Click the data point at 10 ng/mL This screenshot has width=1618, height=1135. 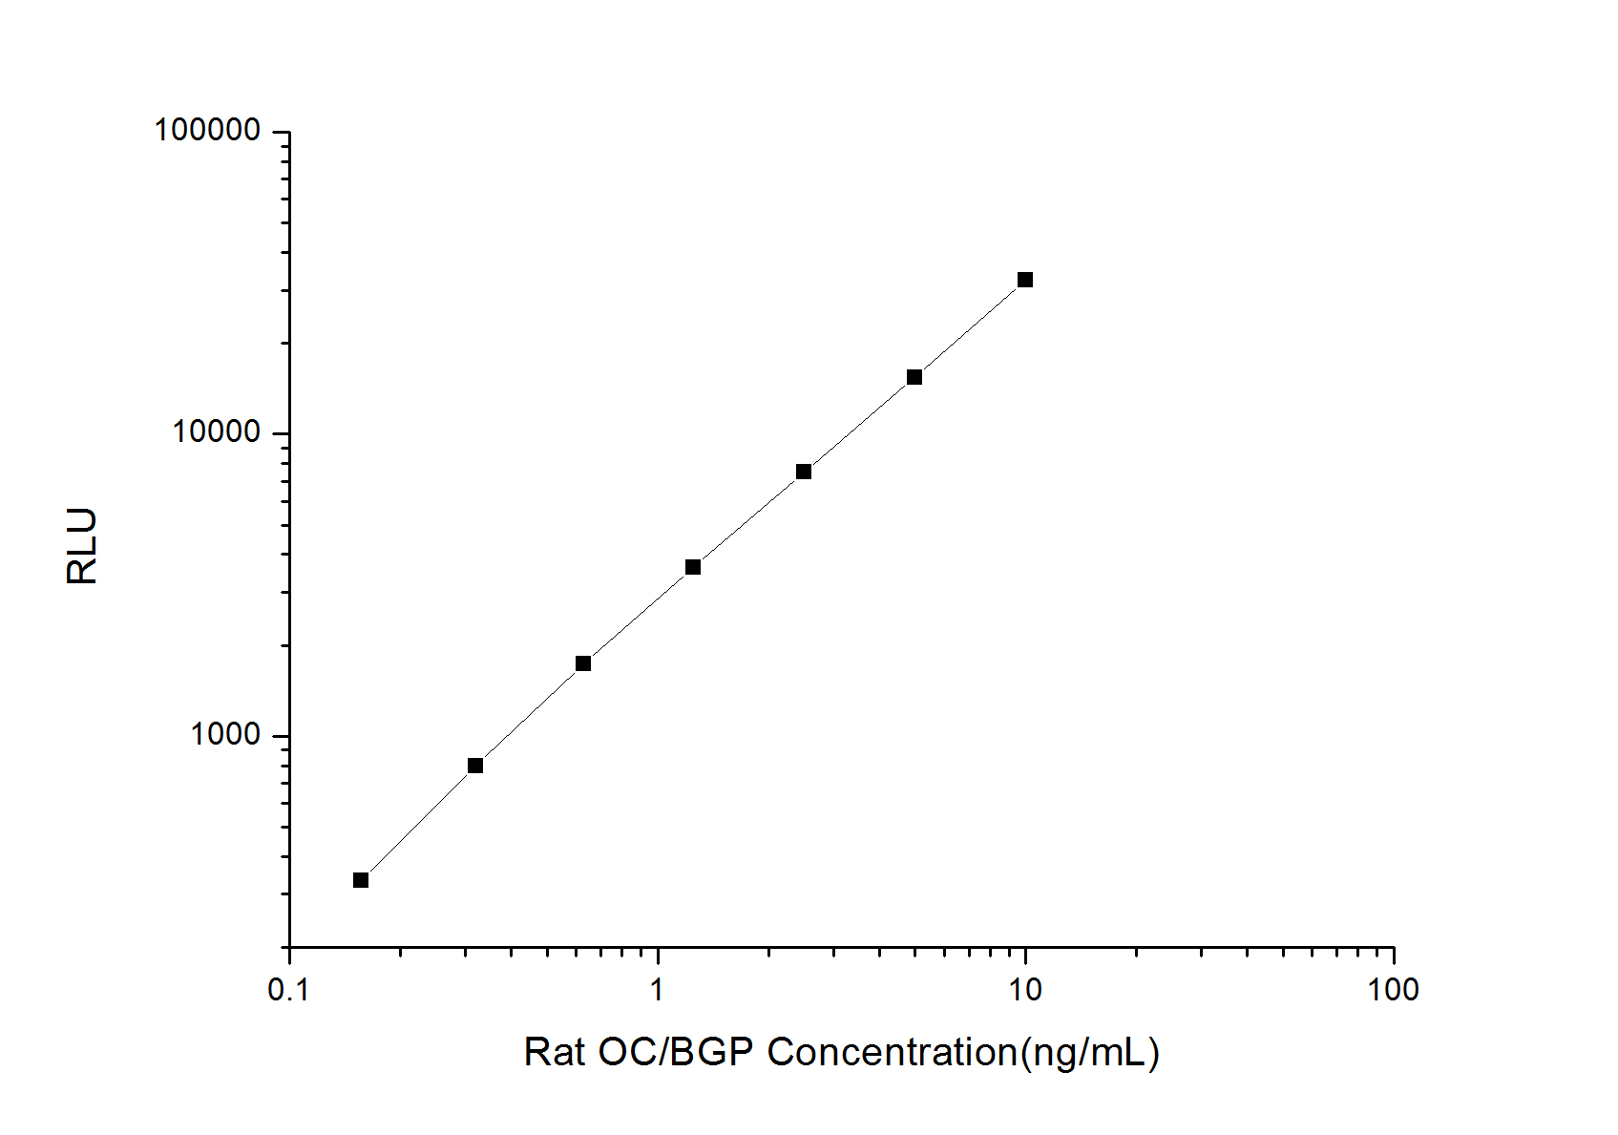(x=1025, y=280)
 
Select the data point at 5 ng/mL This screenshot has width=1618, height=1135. (x=914, y=377)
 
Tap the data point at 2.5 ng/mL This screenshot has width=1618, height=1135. (x=804, y=472)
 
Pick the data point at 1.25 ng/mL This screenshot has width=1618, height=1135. (x=693, y=567)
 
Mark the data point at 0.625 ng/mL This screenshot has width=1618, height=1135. (x=583, y=663)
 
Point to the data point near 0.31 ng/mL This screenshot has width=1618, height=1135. (x=475, y=766)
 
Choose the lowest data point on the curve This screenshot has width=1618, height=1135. (x=361, y=880)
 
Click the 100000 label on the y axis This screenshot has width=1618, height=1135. (x=207, y=130)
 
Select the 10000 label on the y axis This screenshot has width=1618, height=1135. (x=217, y=432)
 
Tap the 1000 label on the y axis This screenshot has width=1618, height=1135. (x=225, y=734)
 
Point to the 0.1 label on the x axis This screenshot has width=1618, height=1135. (x=289, y=991)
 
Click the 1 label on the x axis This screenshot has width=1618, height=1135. (x=658, y=991)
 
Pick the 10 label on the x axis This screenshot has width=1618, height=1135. (x=1025, y=991)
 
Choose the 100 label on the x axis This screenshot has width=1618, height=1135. (x=1393, y=991)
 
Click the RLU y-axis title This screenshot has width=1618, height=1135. (x=83, y=546)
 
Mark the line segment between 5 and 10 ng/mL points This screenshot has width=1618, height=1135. (x=970, y=328)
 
